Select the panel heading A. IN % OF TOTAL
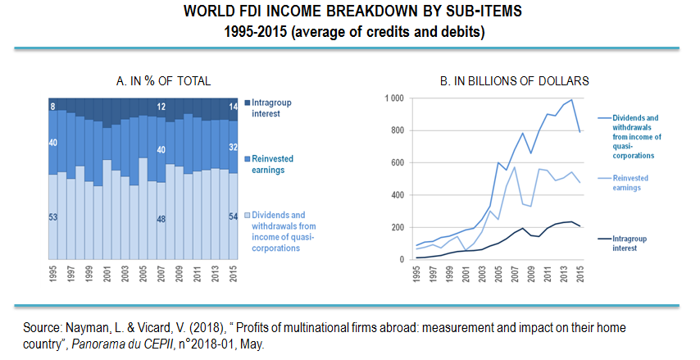click(x=164, y=80)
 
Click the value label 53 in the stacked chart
click(x=53, y=217)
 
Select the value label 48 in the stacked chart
click(x=161, y=219)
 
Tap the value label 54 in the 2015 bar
click(x=234, y=216)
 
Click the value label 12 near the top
click(x=161, y=106)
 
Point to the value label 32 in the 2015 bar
click(x=234, y=148)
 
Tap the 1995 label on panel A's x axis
click(x=53, y=275)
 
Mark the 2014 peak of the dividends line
click(x=571, y=100)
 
